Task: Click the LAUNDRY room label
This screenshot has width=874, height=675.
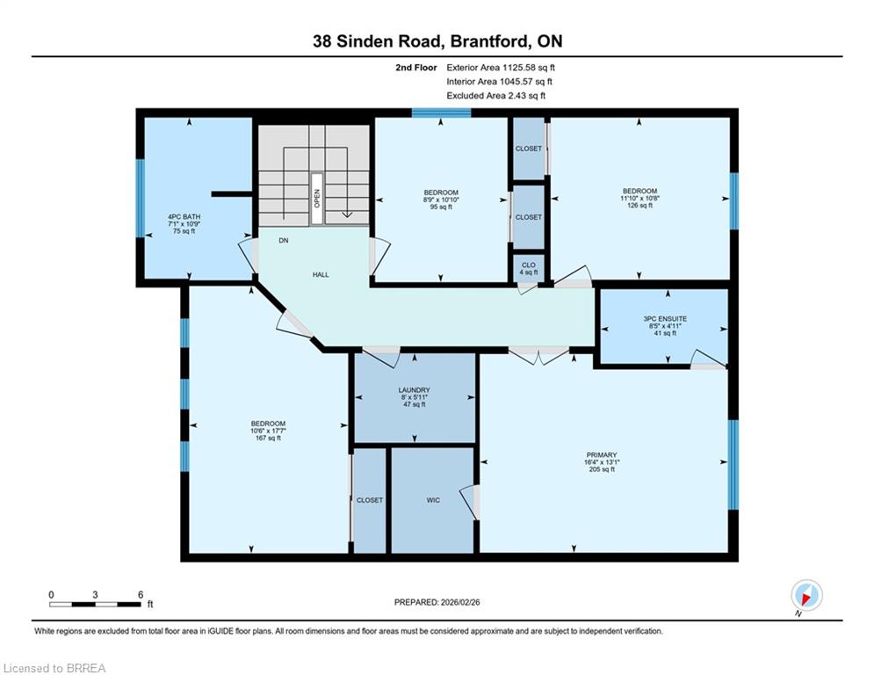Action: tap(414, 390)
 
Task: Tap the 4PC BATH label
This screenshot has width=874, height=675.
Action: tap(184, 216)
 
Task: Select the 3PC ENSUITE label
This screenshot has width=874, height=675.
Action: tap(665, 318)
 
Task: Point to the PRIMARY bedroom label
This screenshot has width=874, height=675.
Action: tap(602, 454)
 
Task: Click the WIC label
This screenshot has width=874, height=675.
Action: tap(433, 500)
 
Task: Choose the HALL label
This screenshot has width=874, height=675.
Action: tap(321, 274)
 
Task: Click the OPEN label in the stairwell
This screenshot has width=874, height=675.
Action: tap(317, 198)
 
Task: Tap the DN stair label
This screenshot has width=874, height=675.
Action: tap(284, 241)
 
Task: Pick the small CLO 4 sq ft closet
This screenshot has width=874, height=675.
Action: tap(529, 268)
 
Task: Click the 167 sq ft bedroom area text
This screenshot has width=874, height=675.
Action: tap(268, 438)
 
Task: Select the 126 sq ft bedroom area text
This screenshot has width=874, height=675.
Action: tap(639, 206)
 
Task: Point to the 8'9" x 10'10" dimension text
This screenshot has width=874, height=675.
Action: tap(441, 200)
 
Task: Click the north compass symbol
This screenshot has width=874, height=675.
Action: tap(806, 596)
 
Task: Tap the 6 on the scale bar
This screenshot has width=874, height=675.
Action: tap(141, 595)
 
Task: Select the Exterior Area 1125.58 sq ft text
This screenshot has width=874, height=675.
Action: tap(501, 68)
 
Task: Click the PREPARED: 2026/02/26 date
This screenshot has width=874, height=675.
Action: tap(437, 602)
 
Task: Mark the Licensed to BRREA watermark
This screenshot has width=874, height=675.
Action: tap(54, 668)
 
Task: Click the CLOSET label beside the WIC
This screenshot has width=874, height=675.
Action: tap(370, 500)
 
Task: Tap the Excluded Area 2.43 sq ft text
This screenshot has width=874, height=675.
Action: tap(496, 96)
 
